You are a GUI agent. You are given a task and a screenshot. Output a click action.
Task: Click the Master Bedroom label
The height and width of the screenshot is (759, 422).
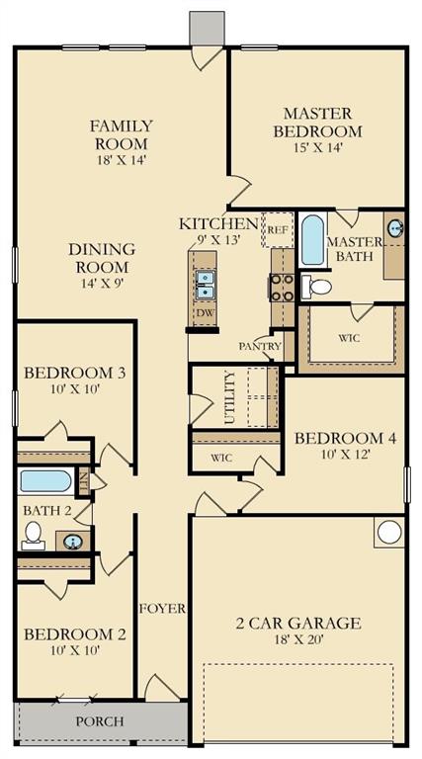point(317,123)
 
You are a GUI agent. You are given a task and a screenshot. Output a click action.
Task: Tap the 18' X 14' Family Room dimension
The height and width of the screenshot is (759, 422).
point(121,160)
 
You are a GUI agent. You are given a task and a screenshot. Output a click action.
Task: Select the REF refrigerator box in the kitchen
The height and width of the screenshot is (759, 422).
point(278,229)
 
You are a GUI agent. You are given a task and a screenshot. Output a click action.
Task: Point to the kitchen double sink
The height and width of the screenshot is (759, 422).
point(205,285)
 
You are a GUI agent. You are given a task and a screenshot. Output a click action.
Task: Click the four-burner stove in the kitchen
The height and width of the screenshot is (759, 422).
point(282,288)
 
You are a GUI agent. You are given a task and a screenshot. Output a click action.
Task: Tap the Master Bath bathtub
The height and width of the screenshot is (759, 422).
point(312,240)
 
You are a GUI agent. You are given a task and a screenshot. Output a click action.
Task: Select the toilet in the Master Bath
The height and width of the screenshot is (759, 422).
point(316,287)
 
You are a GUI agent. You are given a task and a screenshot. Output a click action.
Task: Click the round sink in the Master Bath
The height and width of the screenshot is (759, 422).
point(395,228)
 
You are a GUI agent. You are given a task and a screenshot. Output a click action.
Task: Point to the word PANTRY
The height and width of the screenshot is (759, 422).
point(260,347)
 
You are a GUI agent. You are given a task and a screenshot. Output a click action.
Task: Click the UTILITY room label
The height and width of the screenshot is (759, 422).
point(230,397)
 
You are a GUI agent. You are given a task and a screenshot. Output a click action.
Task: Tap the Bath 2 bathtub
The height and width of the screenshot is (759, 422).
point(46,481)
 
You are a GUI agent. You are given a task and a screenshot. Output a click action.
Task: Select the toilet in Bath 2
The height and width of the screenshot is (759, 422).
point(33,536)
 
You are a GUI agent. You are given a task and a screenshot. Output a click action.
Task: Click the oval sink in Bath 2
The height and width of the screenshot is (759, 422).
point(72,541)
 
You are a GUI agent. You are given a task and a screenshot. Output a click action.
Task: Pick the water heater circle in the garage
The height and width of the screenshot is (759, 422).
point(389,533)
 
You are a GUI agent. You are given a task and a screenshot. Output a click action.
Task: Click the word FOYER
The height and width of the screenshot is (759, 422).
point(163,609)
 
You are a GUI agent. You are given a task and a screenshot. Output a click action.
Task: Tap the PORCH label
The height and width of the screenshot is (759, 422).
point(100,721)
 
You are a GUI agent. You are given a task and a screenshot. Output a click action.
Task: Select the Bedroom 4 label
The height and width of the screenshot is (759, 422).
point(346,439)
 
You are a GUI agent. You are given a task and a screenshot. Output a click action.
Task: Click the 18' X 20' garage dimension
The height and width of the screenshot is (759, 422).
point(298,639)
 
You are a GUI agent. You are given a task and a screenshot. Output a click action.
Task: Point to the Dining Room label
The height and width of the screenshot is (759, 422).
point(102,258)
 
